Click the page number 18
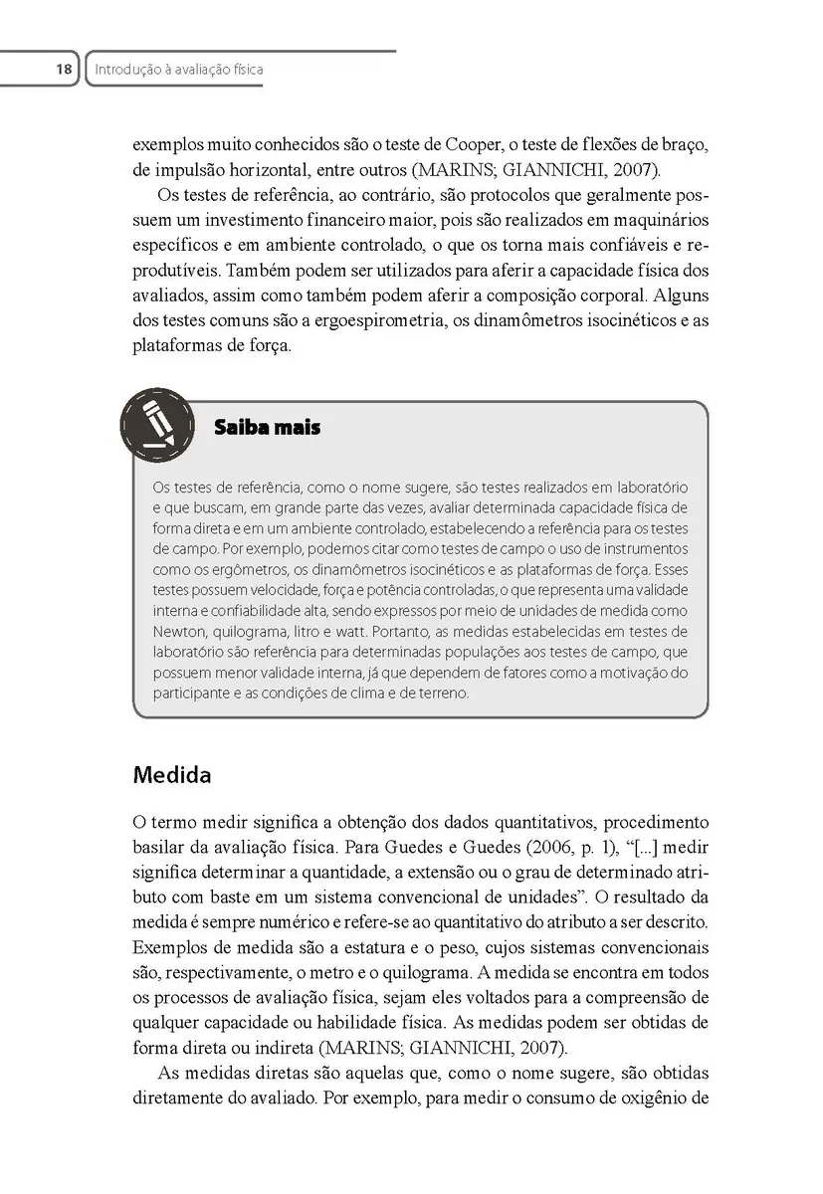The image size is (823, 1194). (x=64, y=70)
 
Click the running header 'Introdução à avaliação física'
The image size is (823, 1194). (x=178, y=70)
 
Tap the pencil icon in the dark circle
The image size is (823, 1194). (x=156, y=423)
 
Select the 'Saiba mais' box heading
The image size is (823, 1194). (x=267, y=429)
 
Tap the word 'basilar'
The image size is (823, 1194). (x=160, y=847)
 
